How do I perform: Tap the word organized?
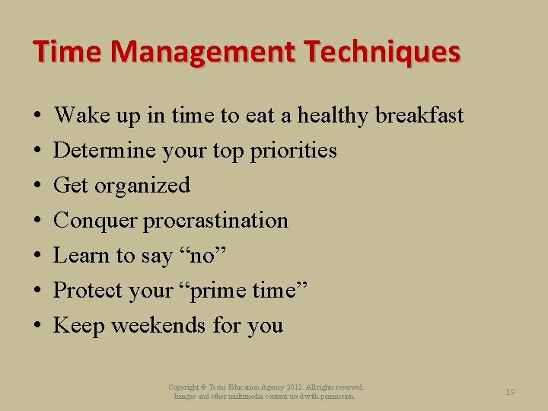pos(145,186)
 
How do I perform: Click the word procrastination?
pos(216,221)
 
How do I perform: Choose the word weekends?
pos(159,326)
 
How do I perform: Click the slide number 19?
pos(510,392)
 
